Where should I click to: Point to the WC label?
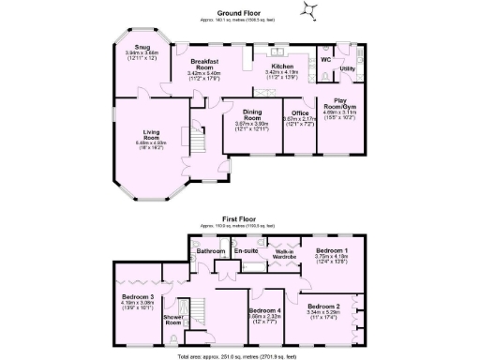click(325, 60)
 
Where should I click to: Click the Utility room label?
click(347, 68)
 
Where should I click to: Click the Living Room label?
click(152, 136)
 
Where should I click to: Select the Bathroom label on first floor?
click(211, 251)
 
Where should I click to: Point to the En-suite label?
click(247, 251)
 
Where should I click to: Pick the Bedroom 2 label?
click(323, 307)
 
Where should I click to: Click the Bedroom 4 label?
click(263, 312)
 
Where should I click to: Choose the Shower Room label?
click(173, 319)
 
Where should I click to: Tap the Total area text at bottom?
click(240, 356)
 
